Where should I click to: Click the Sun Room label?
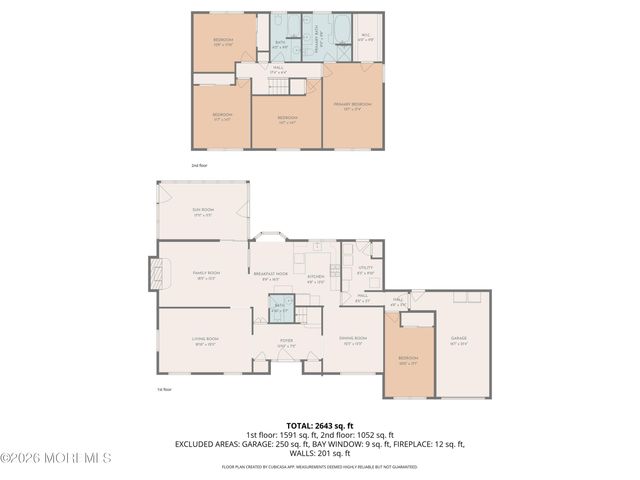(x=203, y=211)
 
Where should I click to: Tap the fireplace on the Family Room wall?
(x=154, y=273)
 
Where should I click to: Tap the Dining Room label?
(x=354, y=340)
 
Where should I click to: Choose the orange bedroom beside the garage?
(x=409, y=359)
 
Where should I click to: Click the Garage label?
(x=459, y=339)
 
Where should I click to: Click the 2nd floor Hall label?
(x=279, y=69)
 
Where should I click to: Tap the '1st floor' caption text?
(x=164, y=389)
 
